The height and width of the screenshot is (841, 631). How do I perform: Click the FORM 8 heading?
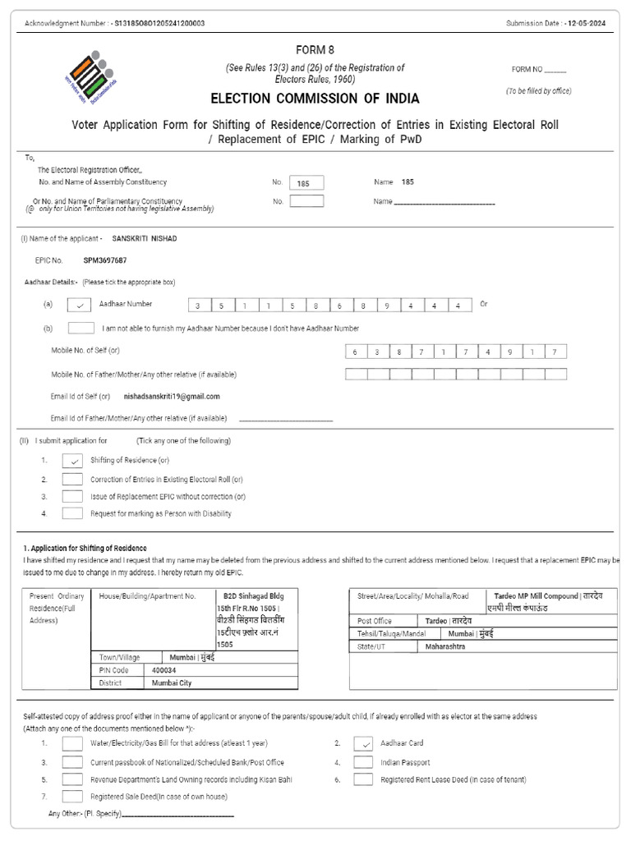315,50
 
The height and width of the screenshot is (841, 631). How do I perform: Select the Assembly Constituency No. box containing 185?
306,183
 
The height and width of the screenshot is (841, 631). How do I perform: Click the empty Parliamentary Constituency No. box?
306,201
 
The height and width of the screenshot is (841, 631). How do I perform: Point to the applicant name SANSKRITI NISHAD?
144,238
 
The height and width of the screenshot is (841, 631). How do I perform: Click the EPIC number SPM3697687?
104,260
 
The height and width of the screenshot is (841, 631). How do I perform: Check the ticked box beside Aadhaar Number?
80,305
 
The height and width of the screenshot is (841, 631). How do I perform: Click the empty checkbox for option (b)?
80,329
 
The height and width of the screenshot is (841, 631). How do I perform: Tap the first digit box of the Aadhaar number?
198,306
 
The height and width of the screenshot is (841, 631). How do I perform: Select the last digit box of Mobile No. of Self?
555,352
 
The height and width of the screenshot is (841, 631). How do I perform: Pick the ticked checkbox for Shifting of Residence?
73,461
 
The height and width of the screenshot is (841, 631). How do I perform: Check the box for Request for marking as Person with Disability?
73,513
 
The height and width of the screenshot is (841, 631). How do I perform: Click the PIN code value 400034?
164,670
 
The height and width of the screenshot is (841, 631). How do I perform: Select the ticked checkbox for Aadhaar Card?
363,743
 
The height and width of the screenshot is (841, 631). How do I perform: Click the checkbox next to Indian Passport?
363,761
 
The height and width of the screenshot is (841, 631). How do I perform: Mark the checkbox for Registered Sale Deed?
73,796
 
